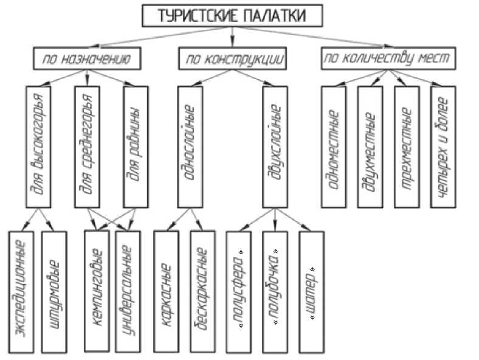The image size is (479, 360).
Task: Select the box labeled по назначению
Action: pos(88,58)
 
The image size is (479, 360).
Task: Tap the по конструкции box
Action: pos(232,58)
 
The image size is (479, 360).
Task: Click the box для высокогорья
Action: pos(40,147)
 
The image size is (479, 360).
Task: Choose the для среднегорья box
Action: pos(87,147)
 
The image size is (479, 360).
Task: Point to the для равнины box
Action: pos(135,147)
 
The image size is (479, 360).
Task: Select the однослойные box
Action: pos(189,147)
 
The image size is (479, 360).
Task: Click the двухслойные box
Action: pos(275,147)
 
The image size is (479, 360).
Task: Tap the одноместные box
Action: pos(334,147)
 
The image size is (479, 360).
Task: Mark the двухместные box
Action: pos(370,147)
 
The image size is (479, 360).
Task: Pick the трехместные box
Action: pos(406,147)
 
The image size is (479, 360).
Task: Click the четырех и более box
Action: pos(443,147)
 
